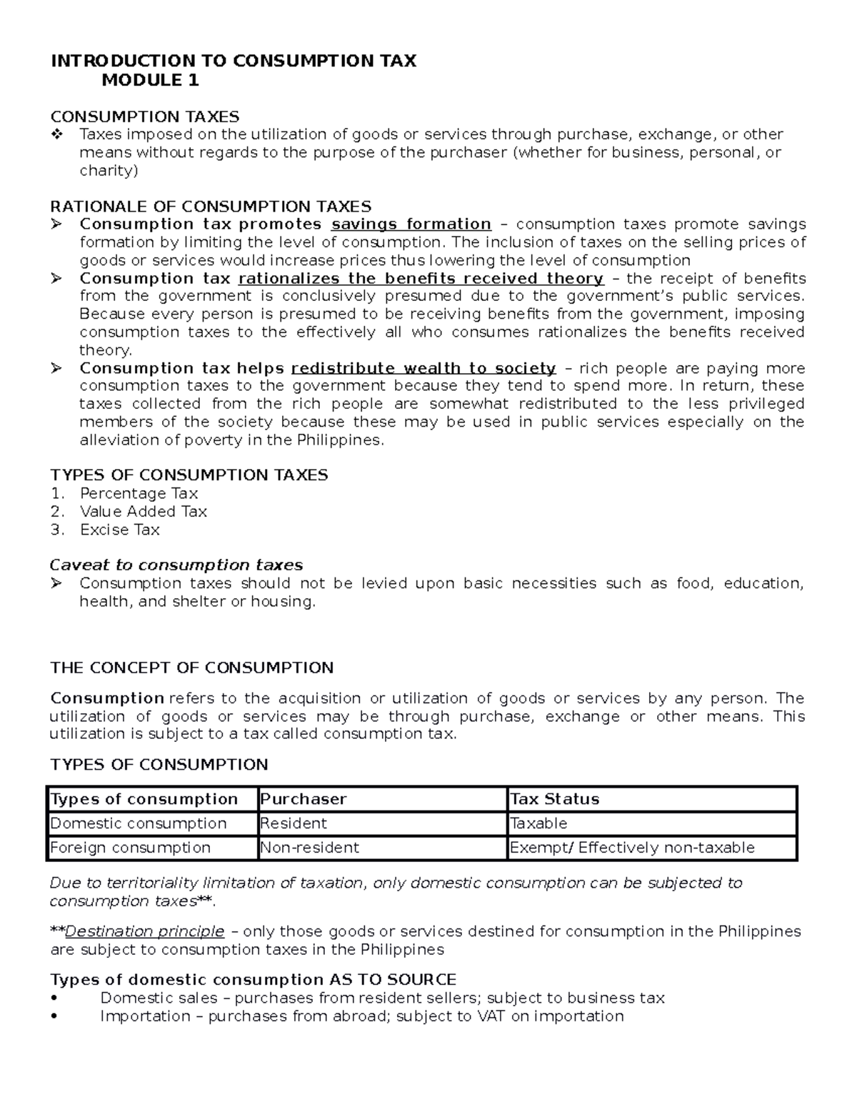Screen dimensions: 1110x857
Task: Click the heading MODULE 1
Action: click(x=150, y=80)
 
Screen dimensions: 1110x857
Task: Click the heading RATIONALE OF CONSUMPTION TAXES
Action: click(x=211, y=207)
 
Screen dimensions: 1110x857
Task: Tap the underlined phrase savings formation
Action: click(x=411, y=224)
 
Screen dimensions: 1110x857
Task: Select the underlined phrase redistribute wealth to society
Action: click(x=424, y=368)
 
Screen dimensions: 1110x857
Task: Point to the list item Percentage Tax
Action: click(x=139, y=493)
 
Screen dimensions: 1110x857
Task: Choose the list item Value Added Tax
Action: click(x=143, y=511)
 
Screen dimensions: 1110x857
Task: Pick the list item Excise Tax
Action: click(x=119, y=530)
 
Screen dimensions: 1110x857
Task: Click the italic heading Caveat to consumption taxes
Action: click(x=176, y=565)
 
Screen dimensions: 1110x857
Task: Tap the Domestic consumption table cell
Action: click(x=138, y=823)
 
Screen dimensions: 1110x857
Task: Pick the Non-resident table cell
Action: click(x=309, y=848)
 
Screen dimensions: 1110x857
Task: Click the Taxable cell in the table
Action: click(x=538, y=823)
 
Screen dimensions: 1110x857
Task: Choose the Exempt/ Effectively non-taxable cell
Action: click(x=631, y=848)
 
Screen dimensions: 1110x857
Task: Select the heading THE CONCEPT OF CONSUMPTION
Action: click(x=191, y=668)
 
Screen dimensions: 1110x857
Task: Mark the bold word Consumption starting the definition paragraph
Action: click(x=107, y=698)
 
